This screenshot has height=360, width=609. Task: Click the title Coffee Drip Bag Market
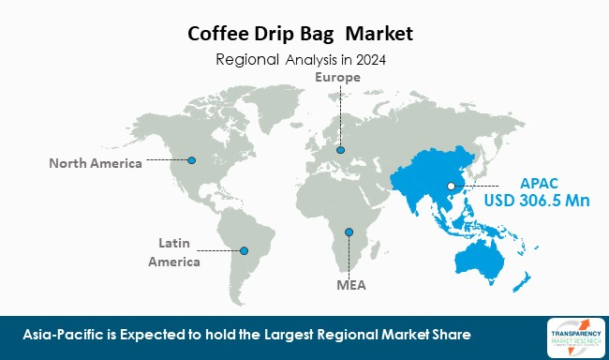[305, 35]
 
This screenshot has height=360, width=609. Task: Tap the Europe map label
[337, 77]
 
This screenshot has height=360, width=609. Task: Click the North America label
[96, 163]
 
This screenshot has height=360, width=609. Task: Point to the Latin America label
[174, 253]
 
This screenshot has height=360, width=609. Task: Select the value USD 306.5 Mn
[531, 202]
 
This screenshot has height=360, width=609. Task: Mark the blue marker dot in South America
[245, 250]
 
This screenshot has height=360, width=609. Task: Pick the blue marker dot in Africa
[349, 232]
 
